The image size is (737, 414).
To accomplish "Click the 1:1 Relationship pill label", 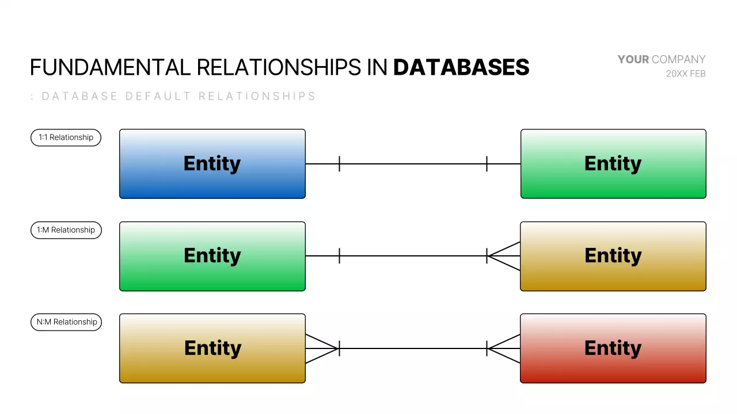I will click(66, 137).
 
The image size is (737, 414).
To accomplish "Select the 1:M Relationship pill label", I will click(66, 230).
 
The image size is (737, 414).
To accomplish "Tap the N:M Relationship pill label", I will click(66, 322).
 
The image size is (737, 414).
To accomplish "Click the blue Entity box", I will click(212, 164).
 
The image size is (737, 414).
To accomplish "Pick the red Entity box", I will click(613, 348).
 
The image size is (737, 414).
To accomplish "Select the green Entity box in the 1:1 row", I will click(613, 164).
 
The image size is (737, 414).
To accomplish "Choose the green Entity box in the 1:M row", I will click(212, 256).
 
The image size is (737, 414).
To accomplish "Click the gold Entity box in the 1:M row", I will click(613, 256).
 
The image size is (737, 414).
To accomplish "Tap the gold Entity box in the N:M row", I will click(212, 348).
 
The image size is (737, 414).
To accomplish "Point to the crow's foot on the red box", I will click(504, 348).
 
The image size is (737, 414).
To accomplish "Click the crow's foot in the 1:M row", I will click(504, 256).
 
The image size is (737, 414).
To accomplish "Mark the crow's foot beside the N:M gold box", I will click(321, 348).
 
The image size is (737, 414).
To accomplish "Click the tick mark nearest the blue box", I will click(339, 164).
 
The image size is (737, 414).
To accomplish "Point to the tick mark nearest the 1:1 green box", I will click(487, 164).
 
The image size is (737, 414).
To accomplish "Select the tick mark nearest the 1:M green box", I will click(339, 256).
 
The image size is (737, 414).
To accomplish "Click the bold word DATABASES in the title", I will click(461, 68).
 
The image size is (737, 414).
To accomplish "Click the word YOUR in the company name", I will click(633, 59).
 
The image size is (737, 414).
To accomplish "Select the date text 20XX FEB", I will click(686, 74).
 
